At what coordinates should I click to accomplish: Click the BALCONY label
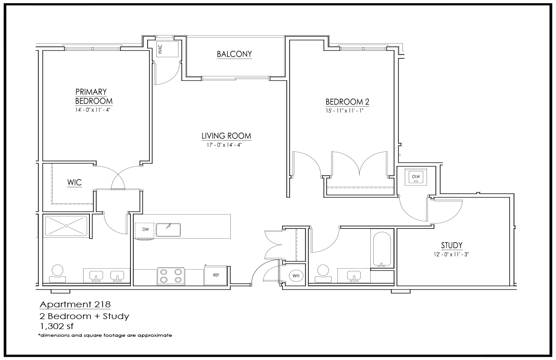pyautogui.click(x=234, y=54)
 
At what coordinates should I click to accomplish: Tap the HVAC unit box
pyautogui.click(x=167, y=49)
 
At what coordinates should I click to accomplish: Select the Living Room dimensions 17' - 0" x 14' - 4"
pyautogui.click(x=224, y=145)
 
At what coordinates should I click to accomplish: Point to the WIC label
pyautogui.click(x=74, y=183)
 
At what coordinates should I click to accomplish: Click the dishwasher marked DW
pyautogui.click(x=144, y=230)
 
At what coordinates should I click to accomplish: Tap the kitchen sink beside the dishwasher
pyautogui.click(x=168, y=230)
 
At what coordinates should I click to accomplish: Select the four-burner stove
pyautogui.click(x=171, y=276)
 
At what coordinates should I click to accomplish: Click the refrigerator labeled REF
pyautogui.click(x=215, y=275)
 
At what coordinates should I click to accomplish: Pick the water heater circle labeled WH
pyautogui.click(x=296, y=276)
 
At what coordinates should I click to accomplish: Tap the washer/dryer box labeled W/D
pyautogui.click(x=416, y=177)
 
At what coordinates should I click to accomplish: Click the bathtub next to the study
pyautogui.click(x=382, y=250)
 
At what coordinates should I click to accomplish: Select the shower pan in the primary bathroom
pyautogui.click(x=66, y=226)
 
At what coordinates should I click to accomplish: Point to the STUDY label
pyautogui.click(x=452, y=245)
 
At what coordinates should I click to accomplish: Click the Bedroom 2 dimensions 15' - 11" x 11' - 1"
pyautogui.click(x=344, y=111)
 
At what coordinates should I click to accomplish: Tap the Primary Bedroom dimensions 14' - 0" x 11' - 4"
pyautogui.click(x=93, y=110)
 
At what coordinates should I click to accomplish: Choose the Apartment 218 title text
pyautogui.click(x=75, y=305)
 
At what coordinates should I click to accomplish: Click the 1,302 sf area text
pyautogui.click(x=57, y=326)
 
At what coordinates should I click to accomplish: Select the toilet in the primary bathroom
pyautogui.click(x=58, y=274)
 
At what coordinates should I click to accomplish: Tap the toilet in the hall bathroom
pyautogui.click(x=323, y=274)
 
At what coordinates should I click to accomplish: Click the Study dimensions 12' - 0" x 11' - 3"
pyautogui.click(x=451, y=255)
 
